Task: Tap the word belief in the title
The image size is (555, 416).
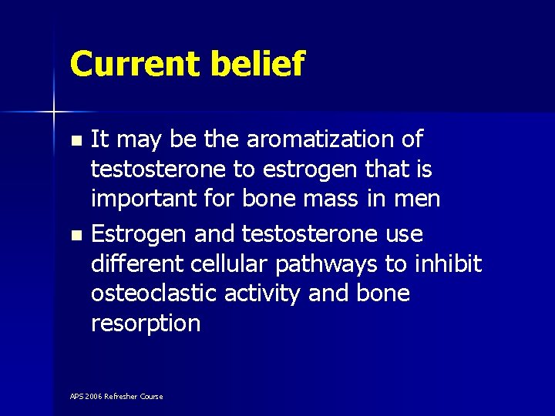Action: click(258, 64)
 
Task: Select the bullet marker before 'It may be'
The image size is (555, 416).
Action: click(75, 141)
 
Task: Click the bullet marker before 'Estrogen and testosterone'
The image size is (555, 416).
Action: click(75, 235)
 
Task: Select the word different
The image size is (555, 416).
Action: click(136, 264)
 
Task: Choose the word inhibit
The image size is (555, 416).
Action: click(448, 264)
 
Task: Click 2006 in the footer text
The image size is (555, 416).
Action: click(93, 397)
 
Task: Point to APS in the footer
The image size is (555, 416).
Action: click(76, 397)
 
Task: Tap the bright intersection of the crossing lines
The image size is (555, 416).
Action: click(54, 112)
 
